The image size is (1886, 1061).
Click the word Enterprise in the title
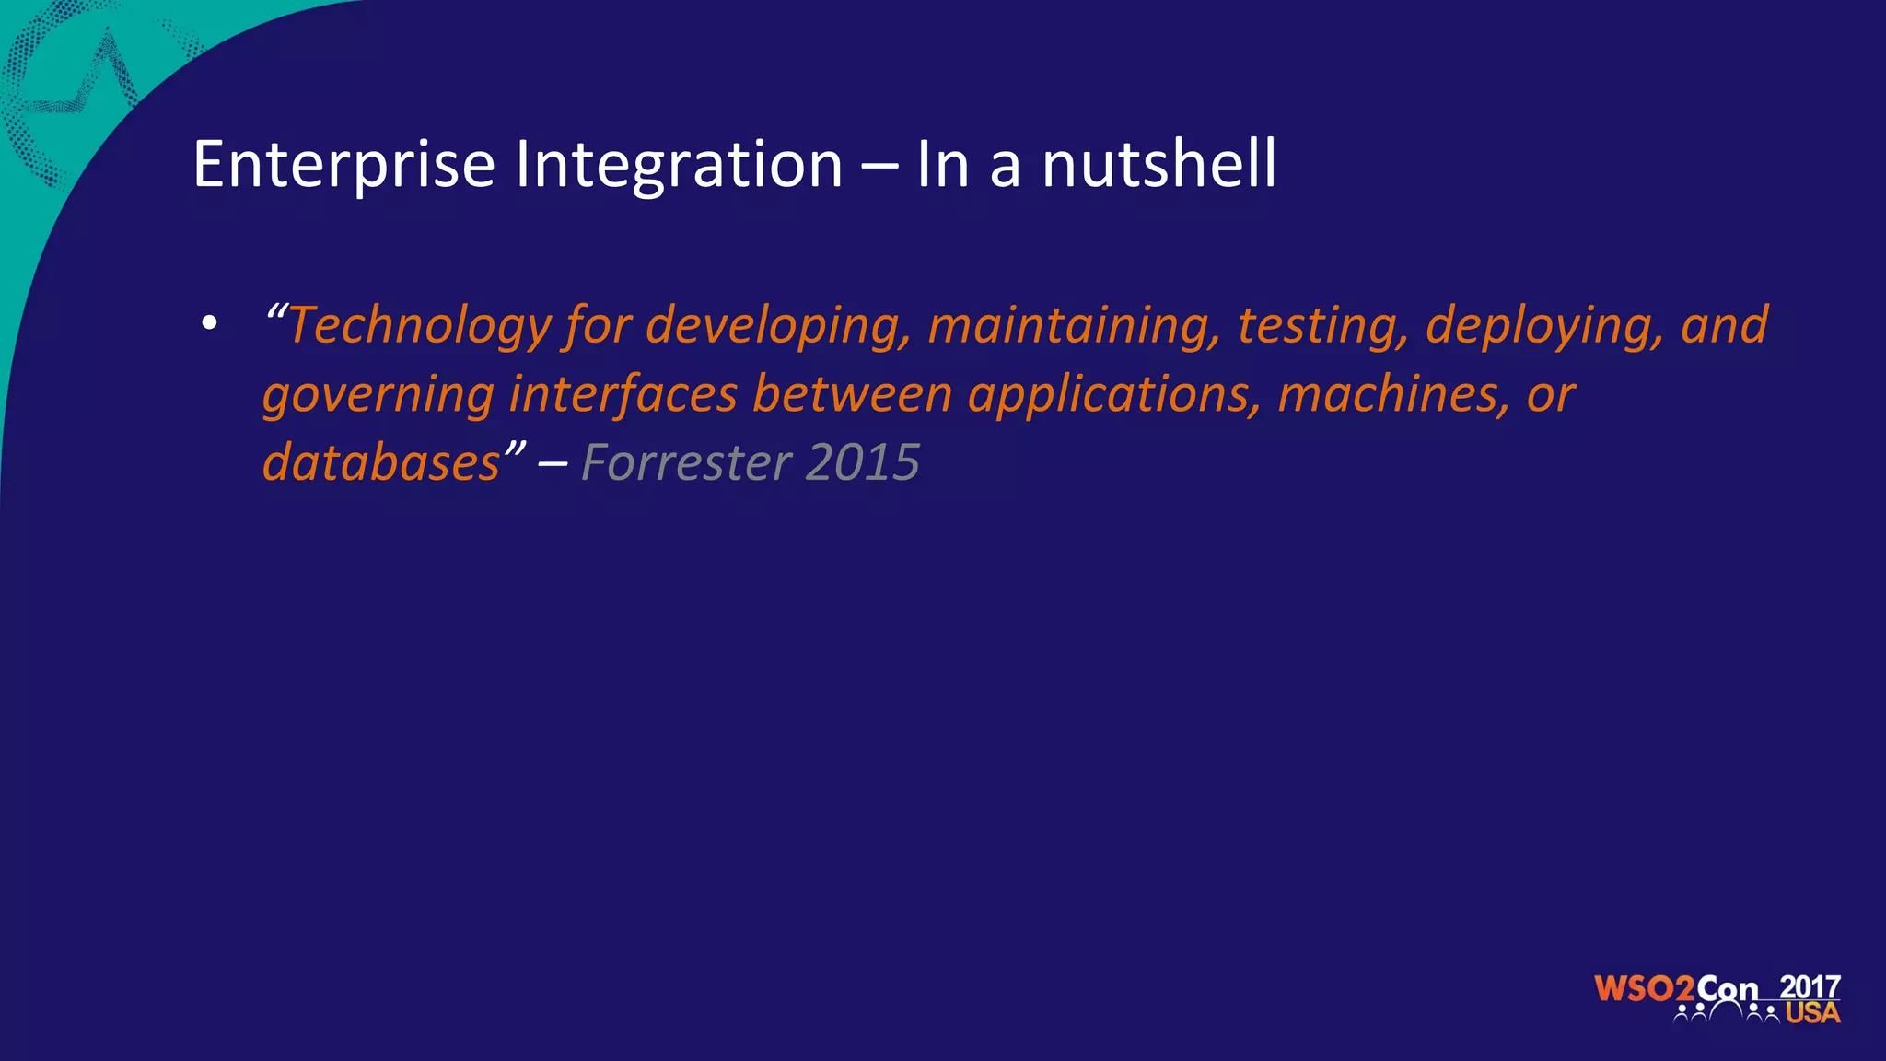(x=344, y=165)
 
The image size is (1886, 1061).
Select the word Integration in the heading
(x=679, y=165)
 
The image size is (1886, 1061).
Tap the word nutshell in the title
(x=1158, y=165)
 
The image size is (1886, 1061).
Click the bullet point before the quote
(x=210, y=323)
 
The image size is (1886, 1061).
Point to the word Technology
(x=419, y=326)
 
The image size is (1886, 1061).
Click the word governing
(x=378, y=394)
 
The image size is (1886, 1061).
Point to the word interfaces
(x=623, y=394)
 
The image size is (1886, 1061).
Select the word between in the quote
(x=852, y=394)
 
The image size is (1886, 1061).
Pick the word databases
(x=381, y=462)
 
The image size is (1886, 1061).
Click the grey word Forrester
(x=685, y=462)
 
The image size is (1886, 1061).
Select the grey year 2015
(x=862, y=462)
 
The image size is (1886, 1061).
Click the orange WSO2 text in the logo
(x=1644, y=989)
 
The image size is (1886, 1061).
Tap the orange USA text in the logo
(x=1812, y=1013)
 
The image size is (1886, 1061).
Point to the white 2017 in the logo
(x=1810, y=986)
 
